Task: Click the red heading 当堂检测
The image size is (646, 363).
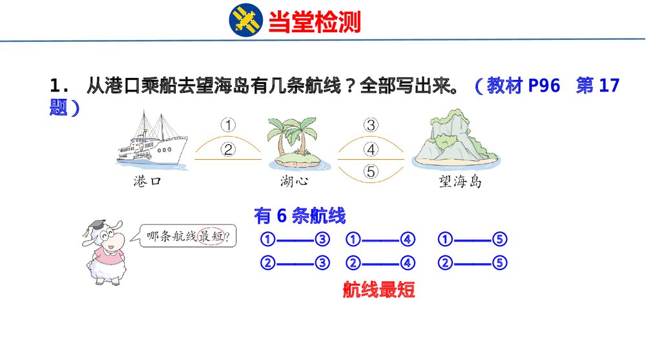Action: (x=314, y=22)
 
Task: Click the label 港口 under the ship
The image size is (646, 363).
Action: (x=147, y=181)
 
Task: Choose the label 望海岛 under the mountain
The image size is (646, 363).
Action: (x=460, y=181)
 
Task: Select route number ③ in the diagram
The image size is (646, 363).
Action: (x=371, y=125)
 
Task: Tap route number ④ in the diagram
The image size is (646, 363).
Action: (x=371, y=150)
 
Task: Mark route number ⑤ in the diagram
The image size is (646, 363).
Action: (x=371, y=172)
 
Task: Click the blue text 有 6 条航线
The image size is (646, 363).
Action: (x=300, y=215)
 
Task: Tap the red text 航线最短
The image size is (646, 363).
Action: (x=379, y=290)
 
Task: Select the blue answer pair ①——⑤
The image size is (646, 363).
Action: (x=472, y=240)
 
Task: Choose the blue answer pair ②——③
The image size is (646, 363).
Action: (x=295, y=263)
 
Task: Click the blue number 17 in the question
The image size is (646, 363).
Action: (x=609, y=86)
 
